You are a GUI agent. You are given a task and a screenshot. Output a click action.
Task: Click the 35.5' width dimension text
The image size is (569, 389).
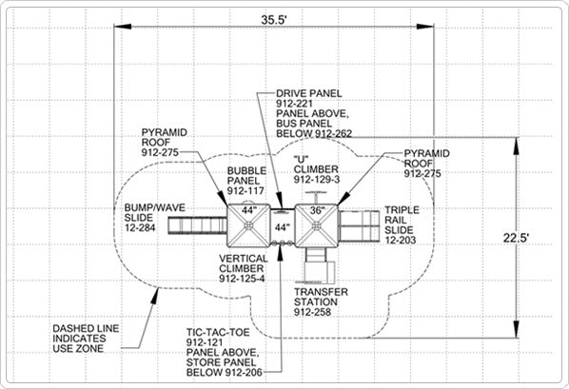[274, 20]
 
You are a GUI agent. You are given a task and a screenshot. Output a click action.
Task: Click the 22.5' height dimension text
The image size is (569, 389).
[516, 238]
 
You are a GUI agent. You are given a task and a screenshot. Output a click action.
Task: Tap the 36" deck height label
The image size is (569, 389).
[317, 210]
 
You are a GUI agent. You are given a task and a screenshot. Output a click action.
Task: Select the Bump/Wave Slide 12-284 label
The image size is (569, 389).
[154, 218]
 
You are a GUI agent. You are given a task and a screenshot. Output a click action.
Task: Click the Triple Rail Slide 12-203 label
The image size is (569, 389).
[402, 225]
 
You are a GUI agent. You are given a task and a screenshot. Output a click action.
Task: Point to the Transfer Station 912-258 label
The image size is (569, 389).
[321, 301]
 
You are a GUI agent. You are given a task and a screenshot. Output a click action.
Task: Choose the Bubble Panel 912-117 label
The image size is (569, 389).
[246, 181]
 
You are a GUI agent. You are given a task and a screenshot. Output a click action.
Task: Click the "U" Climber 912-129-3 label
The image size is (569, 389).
[317, 169]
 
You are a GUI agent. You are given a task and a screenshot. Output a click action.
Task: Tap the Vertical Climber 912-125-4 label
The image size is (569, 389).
[244, 268]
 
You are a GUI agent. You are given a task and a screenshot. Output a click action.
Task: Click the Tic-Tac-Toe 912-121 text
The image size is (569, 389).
[218, 337]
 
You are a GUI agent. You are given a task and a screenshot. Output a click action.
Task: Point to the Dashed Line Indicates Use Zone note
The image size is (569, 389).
[86, 339]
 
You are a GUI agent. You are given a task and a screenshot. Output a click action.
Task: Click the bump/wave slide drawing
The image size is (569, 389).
[197, 225]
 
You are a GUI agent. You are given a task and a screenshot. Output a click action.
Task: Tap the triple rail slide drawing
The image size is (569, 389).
[359, 226]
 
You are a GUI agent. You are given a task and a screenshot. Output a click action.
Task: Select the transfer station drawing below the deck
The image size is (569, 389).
[319, 265]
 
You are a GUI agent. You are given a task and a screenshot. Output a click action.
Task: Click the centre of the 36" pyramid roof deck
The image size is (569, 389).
[317, 225]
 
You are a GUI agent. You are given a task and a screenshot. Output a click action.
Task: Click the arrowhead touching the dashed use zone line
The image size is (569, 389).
[155, 296]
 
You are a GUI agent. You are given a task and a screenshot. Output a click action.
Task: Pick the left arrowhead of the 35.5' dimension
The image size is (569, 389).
[123, 26]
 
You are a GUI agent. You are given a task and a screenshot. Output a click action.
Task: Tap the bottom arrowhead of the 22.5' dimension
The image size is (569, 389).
[516, 329]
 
